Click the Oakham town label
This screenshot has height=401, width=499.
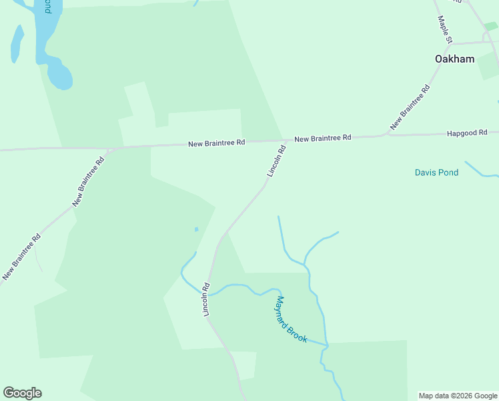point(454,59)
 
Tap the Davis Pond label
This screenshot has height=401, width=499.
point(436,172)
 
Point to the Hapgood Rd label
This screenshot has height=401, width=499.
point(467,134)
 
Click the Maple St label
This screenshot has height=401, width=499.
point(444,31)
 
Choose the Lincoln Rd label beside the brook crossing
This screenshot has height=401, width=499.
point(207,299)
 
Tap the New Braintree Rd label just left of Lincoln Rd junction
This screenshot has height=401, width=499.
point(217,143)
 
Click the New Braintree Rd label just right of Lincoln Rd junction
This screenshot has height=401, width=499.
point(322,138)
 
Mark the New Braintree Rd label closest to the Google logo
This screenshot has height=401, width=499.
point(21,256)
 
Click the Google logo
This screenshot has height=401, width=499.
point(22,393)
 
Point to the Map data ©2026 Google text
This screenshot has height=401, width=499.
point(458,396)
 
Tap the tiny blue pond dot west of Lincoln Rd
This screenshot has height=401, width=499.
point(196,229)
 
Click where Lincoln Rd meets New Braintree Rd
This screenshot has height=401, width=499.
point(287,141)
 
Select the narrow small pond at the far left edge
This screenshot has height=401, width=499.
point(17,43)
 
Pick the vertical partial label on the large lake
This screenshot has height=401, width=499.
point(47,7)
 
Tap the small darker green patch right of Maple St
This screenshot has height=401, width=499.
point(490,27)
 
